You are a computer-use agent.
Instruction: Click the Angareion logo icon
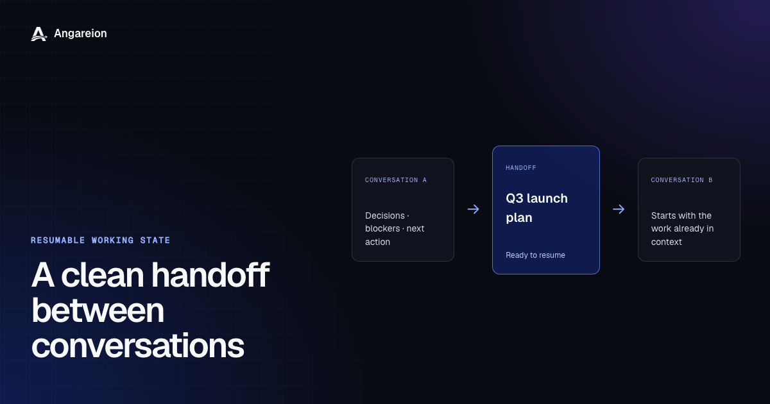39,34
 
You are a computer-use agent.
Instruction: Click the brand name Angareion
80,33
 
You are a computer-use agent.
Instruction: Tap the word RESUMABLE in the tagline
58,240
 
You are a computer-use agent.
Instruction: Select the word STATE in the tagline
155,240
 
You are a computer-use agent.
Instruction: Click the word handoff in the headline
210,275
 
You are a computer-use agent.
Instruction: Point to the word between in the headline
98,310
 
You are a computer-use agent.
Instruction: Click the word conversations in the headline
138,346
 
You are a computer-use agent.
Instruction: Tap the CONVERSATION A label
396,180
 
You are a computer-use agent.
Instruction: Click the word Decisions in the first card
385,215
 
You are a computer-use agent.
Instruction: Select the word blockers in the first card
382,228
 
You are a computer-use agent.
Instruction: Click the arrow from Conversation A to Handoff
474,209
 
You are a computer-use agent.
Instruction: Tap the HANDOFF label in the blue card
521,167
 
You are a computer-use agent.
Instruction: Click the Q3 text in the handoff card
515,199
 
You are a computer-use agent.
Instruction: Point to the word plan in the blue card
519,218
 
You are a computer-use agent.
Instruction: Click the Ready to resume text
535,255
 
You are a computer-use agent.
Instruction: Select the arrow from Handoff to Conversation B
619,209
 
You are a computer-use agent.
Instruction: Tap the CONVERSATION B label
681,180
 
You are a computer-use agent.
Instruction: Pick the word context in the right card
666,242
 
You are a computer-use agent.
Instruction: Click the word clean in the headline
103,275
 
